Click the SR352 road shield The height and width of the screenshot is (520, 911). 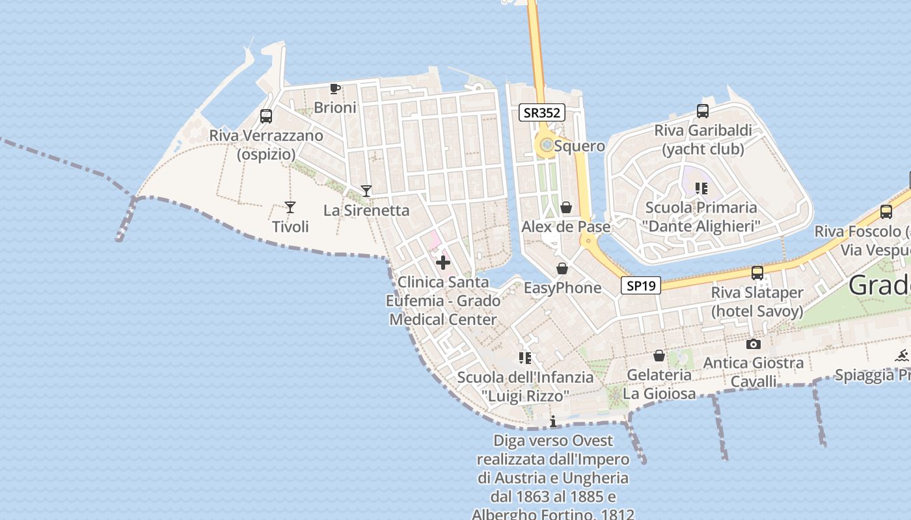(542, 112)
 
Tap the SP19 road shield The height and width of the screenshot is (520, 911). (641, 285)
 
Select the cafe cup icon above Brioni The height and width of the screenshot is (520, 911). (335, 88)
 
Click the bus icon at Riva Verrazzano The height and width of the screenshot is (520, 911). (266, 116)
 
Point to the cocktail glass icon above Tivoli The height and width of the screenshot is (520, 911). (290, 207)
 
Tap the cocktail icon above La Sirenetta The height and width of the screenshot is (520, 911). (366, 190)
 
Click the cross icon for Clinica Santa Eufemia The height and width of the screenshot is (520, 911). (443, 263)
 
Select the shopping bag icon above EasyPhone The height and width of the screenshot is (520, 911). (562, 268)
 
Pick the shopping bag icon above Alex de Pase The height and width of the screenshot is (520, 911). (566, 207)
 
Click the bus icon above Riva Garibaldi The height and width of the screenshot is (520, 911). (703, 110)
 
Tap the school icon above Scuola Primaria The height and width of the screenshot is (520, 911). (701, 188)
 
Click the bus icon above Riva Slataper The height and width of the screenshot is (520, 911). (757, 273)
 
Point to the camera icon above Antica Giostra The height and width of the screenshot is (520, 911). (754, 344)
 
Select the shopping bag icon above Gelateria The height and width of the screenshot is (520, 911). (659, 356)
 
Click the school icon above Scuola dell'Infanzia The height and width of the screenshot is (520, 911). (525, 357)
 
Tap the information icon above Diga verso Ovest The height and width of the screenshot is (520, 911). (553, 422)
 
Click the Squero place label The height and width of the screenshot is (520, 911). (579, 146)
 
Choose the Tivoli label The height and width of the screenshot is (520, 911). (290, 227)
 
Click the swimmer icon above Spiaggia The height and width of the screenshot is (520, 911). (902, 355)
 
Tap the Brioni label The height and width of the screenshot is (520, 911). (335, 107)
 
